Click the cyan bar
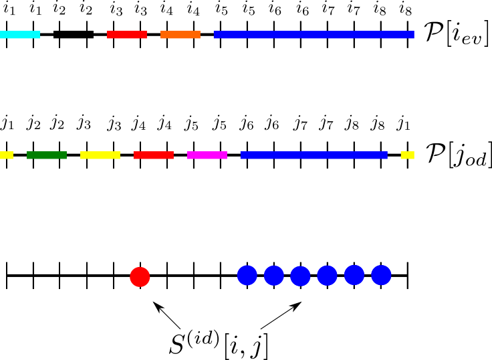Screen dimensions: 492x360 click(x=20, y=34)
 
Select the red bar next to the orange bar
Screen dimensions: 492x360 click(x=126, y=34)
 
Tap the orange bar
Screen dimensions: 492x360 click(x=180, y=34)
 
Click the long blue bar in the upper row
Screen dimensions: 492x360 click(x=314, y=34)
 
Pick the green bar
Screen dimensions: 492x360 click(x=46, y=155)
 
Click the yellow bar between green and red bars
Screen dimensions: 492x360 click(x=100, y=155)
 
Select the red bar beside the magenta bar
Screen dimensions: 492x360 click(x=153, y=155)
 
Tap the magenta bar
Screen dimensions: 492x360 click(x=207, y=155)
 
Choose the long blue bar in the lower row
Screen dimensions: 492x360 click(x=314, y=155)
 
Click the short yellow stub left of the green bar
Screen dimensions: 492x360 click(x=6, y=155)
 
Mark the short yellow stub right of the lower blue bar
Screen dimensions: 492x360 click(x=407, y=155)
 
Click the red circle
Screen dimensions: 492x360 click(x=140, y=277)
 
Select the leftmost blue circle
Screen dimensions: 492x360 click(x=247, y=275)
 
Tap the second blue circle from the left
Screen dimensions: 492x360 click(x=274, y=276)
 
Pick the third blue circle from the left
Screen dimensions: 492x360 click(x=300, y=276)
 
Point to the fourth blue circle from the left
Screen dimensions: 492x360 click(x=327, y=276)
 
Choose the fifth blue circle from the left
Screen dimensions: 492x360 click(x=354, y=275)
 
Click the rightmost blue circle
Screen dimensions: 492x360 click(x=381, y=275)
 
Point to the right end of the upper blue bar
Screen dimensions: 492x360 click(x=412, y=34)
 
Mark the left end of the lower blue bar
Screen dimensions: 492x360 click(x=243, y=155)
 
